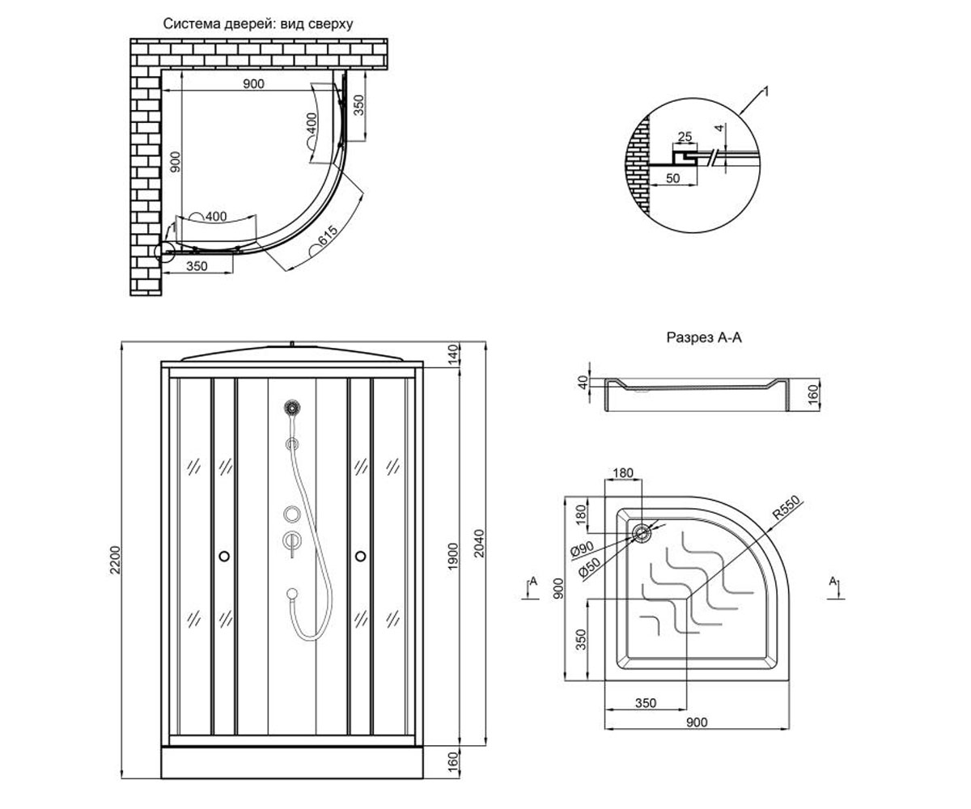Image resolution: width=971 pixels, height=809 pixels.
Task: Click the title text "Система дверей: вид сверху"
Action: (x=257, y=23)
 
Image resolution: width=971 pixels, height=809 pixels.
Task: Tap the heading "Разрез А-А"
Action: (x=704, y=337)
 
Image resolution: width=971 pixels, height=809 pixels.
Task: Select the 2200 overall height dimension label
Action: (x=115, y=560)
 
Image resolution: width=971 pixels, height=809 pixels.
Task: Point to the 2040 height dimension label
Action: (x=478, y=543)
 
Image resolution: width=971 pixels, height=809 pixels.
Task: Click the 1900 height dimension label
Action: (x=452, y=556)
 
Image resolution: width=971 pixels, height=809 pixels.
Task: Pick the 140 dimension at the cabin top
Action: (x=453, y=354)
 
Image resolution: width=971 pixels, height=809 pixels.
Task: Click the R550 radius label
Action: (x=786, y=507)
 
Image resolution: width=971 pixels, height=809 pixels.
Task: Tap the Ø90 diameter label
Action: (x=582, y=549)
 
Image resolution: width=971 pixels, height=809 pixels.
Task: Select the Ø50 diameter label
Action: (x=590, y=569)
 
